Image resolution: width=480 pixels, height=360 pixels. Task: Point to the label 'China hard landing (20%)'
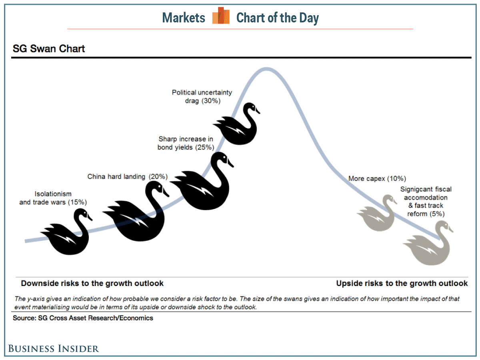point(128,177)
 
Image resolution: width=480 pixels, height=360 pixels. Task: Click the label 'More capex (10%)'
point(377,178)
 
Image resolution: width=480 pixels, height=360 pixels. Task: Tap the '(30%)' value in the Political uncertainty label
point(211,101)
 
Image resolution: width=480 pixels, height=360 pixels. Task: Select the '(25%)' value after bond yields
point(205,148)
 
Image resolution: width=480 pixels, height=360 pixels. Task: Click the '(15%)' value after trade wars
point(78,202)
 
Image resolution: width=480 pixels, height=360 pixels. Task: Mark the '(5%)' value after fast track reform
point(437,214)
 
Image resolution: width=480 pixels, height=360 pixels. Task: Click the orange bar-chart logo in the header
point(221,15)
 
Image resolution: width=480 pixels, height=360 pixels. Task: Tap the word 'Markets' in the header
point(184,18)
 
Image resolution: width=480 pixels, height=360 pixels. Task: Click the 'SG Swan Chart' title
point(49,48)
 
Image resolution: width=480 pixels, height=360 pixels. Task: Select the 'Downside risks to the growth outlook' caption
point(92,283)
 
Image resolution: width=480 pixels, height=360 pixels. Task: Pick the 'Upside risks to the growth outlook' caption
point(402,283)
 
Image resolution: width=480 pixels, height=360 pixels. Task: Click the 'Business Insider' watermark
point(54,349)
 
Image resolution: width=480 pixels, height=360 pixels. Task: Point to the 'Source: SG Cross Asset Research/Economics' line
point(83,318)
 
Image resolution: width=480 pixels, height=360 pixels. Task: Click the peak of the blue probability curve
point(266,69)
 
